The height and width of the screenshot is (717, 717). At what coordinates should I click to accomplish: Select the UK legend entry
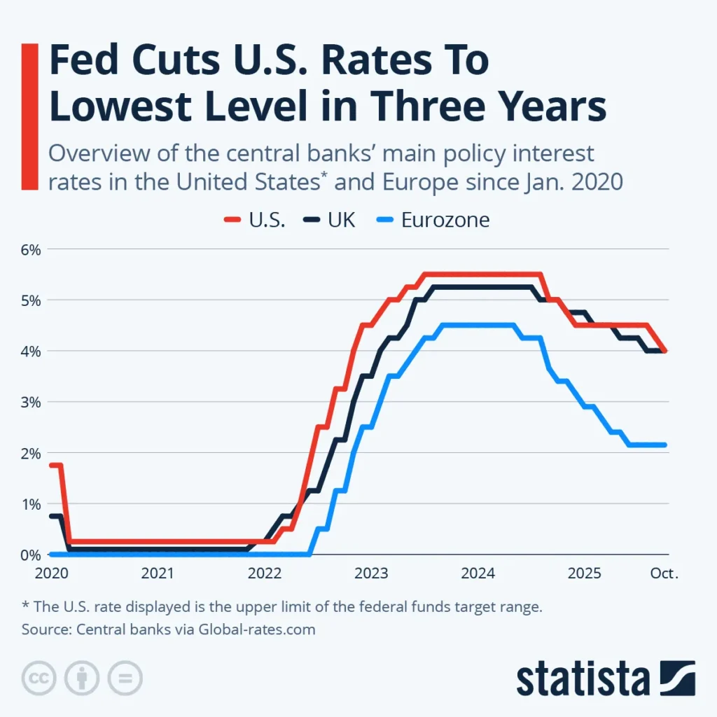[330, 220]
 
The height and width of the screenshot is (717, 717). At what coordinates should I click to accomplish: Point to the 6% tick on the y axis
[29, 249]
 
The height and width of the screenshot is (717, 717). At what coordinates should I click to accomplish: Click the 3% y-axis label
[29, 402]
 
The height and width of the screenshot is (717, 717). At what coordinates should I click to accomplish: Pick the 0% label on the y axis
[29, 555]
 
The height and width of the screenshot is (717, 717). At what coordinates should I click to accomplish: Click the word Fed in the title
[84, 62]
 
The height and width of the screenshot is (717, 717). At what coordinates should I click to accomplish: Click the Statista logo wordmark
[585, 678]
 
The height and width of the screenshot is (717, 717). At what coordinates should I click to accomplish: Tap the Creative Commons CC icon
[40, 678]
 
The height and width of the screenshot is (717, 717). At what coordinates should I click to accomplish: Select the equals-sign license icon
[124, 678]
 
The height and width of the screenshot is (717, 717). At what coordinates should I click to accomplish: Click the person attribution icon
[82, 678]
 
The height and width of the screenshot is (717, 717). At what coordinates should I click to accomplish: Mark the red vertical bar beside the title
[29, 116]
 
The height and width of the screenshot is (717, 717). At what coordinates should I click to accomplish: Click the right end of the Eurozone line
[664, 445]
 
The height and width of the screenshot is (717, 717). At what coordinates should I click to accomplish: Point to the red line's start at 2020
[52, 465]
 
